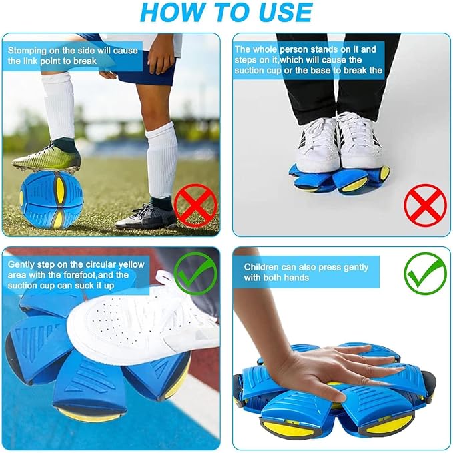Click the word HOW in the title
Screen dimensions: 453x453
click(x=169, y=13)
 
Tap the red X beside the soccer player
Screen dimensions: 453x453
click(x=195, y=205)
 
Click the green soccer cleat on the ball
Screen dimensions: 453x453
click(x=47, y=160)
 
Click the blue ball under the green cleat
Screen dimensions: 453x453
click(x=52, y=199)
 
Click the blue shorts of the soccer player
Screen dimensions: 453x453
click(x=143, y=70)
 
